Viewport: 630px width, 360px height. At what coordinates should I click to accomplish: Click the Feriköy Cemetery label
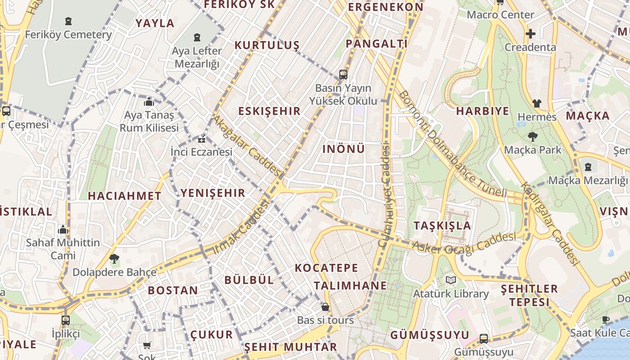(68, 35)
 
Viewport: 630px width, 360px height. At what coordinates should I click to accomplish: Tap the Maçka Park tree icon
(533, 136)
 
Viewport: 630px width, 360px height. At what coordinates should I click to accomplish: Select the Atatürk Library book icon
(451, 280)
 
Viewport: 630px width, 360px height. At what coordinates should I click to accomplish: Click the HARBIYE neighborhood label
(483, 111)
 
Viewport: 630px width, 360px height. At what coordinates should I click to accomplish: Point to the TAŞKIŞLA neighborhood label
(442, 225)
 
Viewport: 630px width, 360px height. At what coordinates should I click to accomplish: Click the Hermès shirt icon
(536, 103)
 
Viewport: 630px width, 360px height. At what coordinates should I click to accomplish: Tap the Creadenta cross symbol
(531, 34)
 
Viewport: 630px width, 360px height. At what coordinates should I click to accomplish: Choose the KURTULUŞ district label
(267, 45)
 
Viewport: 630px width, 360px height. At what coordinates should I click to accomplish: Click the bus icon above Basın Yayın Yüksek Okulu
(343, 75)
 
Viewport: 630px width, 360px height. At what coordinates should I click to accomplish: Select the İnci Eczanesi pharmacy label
(202, 152)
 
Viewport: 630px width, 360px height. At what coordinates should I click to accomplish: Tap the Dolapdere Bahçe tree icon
(114, 259)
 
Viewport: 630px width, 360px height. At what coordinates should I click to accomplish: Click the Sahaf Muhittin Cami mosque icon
(63, 230)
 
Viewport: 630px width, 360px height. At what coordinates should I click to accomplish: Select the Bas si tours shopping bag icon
(325, 307)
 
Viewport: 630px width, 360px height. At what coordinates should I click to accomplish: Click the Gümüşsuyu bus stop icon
(484, 338)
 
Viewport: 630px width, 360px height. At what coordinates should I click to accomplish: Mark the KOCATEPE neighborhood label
(327, 268)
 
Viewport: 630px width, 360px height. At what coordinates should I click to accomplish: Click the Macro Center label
(500, 15)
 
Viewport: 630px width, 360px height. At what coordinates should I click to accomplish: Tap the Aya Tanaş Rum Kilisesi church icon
(149, 102)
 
